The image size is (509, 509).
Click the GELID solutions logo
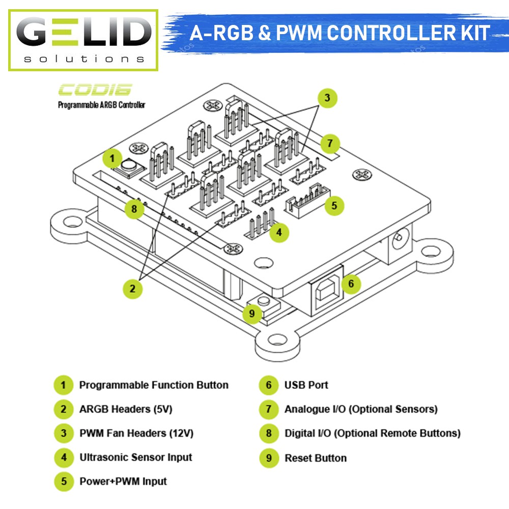click(x=83, y=40)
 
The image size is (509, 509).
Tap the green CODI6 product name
click(x=95, y=90)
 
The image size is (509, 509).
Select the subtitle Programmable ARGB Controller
click(x=102, y=105)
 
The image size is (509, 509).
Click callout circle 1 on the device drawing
click(x=112, y=158)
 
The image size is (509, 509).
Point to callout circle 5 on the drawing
click(x=334, y=206)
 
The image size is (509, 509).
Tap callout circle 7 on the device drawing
click(x=329, y=143)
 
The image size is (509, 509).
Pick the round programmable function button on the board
click(x=129, y=166)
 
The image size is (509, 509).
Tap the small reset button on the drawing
click(x=263, y=302)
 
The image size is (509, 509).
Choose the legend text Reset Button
click(x=316, y=458)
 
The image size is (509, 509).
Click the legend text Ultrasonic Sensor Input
click(x=136, y=457)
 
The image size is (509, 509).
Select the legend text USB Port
click(x=306, y=385)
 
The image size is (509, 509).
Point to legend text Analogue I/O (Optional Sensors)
click(x=361, y=409)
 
